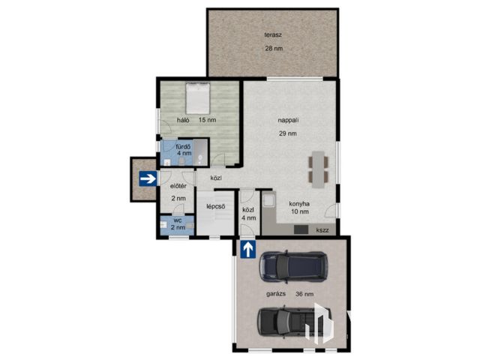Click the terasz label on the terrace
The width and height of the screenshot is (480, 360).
click(x=273, y=35)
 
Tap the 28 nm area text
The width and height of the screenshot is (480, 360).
click(x=274, y=48)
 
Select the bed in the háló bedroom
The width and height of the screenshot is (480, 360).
click(x=198, y=98)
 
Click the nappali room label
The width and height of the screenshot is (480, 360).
click(x=288, y=120)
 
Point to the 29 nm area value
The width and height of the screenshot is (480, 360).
click(x=288, y=133)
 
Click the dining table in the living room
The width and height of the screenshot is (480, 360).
click(x=318, y=169)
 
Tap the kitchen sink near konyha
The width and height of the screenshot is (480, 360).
click(x=269, y=201)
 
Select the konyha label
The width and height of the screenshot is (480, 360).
click(x=299, y=204)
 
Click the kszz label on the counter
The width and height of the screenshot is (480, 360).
click(x=322, y=230)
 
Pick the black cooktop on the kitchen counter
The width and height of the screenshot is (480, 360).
click(x=301, y=229)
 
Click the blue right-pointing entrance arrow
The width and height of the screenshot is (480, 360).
click(x=148, y=178)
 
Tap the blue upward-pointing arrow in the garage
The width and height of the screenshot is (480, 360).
click(x=248, y=249)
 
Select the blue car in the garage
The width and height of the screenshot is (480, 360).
click(x=293, y=267)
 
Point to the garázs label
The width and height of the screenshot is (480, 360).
click(x=276, y=294)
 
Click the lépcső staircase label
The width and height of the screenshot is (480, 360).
click(x=216, y=207)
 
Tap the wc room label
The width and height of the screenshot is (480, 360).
click(x=178, y=220)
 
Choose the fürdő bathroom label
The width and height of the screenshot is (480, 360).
click(x=183, y=147)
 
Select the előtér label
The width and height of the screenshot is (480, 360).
click(x=178, y=186)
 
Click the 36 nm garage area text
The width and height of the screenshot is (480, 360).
click(x=304, y=294)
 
